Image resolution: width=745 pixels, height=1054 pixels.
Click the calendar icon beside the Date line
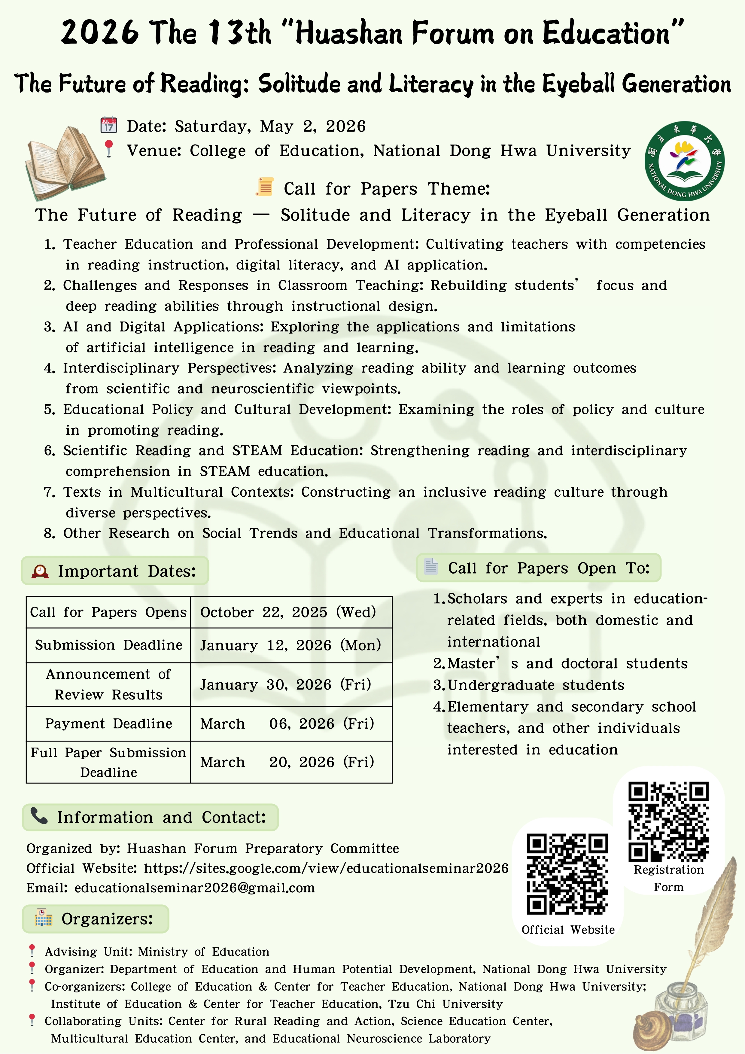click(x=109, y=125)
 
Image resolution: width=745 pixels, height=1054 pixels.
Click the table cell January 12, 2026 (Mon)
click(x=290, y=645)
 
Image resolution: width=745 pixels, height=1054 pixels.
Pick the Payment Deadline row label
click(x=108, y=723)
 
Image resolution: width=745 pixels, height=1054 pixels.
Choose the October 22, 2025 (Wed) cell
click(x=288, y=612)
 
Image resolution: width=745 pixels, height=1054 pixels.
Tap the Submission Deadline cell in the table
click(x=108, y=645)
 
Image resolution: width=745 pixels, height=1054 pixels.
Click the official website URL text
click(x=326, y=868)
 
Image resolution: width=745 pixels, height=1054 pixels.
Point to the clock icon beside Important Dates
click(x=40, y=571)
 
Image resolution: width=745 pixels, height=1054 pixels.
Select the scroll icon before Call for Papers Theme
click(x=265, y=187)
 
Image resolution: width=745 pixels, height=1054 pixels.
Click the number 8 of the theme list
click(x=49, y=533)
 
